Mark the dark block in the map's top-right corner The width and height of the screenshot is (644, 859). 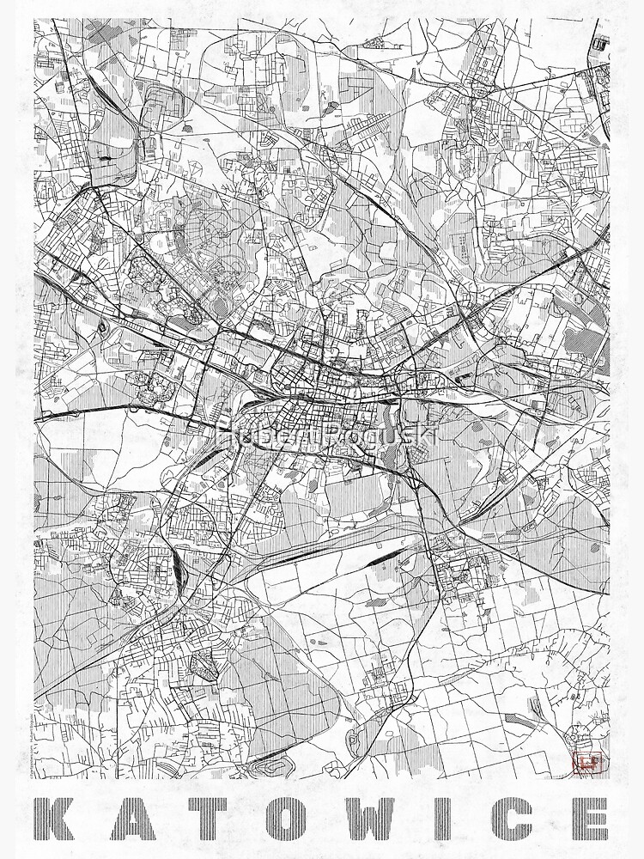[x=599, y=40]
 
